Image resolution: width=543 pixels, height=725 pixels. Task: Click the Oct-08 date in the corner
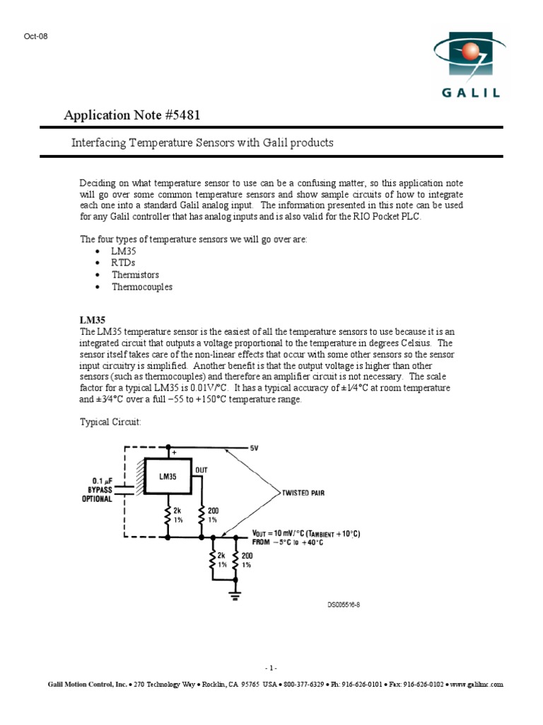pyautogui.click(x=36, y=36)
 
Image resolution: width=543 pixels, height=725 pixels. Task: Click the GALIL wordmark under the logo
pyautogui.click(x=471, y=93)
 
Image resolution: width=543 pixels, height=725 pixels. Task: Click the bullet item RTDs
pyautogui.click(x=123, y=263)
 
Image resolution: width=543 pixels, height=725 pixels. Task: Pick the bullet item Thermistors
pyautogui.click(x=135, y=275)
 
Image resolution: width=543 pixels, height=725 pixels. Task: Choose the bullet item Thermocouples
pyautogui.click(x=141, y=287)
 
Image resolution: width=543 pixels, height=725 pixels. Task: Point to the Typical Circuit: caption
pyautogui.click(x=110, y=422)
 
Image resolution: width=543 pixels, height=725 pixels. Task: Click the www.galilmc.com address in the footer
pyautogui.click(x=476, y=685)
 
